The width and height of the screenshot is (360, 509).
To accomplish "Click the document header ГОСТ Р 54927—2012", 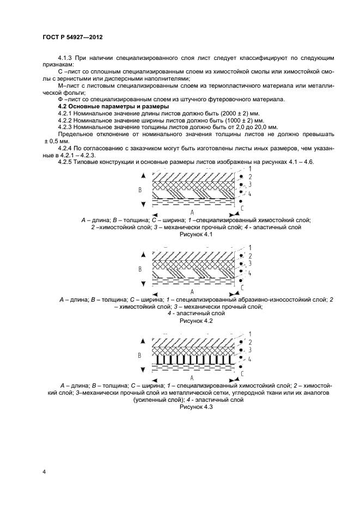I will click(x=72, y=37).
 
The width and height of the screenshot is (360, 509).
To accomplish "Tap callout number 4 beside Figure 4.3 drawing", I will click(x=249, y=359).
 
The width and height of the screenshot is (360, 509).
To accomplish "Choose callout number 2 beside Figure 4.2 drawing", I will click(x=249, y=256).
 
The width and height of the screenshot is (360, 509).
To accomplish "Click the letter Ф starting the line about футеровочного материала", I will click(x=60, y=100).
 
